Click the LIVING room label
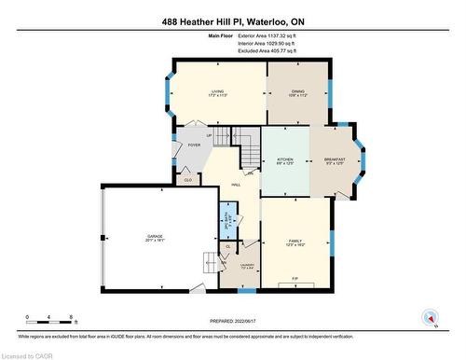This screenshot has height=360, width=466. point(216,91)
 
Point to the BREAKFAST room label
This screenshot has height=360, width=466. point(335,160)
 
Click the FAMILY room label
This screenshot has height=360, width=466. point(295,240)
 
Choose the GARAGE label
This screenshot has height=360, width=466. point(156,238)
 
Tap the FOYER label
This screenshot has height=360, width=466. point(194,145)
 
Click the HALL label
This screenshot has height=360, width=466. point(223,186)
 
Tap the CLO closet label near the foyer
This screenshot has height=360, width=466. point(187,180)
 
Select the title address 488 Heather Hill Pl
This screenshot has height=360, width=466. point(233,21)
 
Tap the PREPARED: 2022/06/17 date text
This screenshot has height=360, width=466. point(233,320)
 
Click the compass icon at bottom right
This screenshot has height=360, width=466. point(431,318)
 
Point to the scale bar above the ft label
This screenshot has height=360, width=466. point(51,312)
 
